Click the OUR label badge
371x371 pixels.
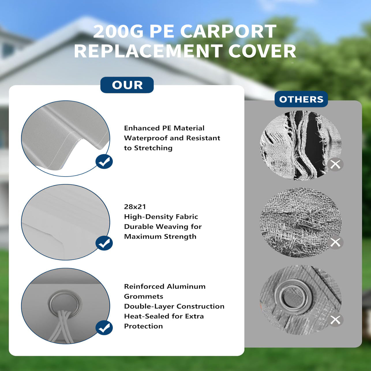coord(127,85)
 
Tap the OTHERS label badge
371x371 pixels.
coord(301,99)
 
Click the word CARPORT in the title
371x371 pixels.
coord(228,31)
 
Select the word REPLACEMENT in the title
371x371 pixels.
coord(147,51)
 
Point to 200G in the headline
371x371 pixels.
coord(118,31)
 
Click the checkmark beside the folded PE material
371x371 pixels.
coord(104,162)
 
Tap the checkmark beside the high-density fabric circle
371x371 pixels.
coord(104,243)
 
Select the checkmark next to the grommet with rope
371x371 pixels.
coord(104,328)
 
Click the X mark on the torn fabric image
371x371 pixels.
coord(335,165)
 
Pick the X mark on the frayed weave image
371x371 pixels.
coord(335,242)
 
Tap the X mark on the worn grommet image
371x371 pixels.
coord(335,320)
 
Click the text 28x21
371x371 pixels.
coord(135,207)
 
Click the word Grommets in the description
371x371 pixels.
coord(143,296)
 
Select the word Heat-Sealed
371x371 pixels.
coord(147,316)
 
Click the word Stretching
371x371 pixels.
coord(153,148)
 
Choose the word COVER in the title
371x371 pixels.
coord(262,51)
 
